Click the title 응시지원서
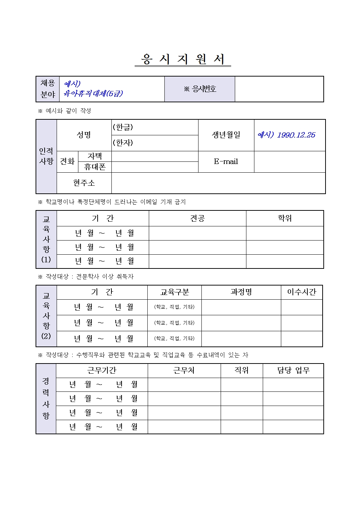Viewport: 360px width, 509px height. pos(183,59)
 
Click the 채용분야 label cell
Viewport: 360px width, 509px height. pos(48,89)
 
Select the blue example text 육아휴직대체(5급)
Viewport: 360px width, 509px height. pos(93,93)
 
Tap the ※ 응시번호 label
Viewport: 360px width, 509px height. pos(200,89)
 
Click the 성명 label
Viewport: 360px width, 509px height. pos(84,135)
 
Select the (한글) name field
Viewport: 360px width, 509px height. pos(155,127)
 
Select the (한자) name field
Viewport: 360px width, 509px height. pos(155,143)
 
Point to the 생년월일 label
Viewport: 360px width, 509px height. pos(226,135)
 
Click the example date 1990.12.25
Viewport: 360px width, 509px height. pos(296,135)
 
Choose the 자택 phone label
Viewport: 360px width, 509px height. pos(95,156)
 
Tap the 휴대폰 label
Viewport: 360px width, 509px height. pos(95,167)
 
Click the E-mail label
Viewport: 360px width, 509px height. pos(226,161)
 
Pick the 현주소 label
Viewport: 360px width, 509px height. pos(84,183)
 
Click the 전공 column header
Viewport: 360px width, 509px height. pos(197,218)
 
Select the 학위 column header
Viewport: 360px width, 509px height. pos(285,218)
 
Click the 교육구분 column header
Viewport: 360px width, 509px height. pos(175,292)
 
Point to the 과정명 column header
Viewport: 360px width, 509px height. pos(241,292)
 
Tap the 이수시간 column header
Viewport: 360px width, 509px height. pos(302,292)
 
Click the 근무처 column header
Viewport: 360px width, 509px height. pos(184,370)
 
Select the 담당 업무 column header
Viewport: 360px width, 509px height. pos(293,370)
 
